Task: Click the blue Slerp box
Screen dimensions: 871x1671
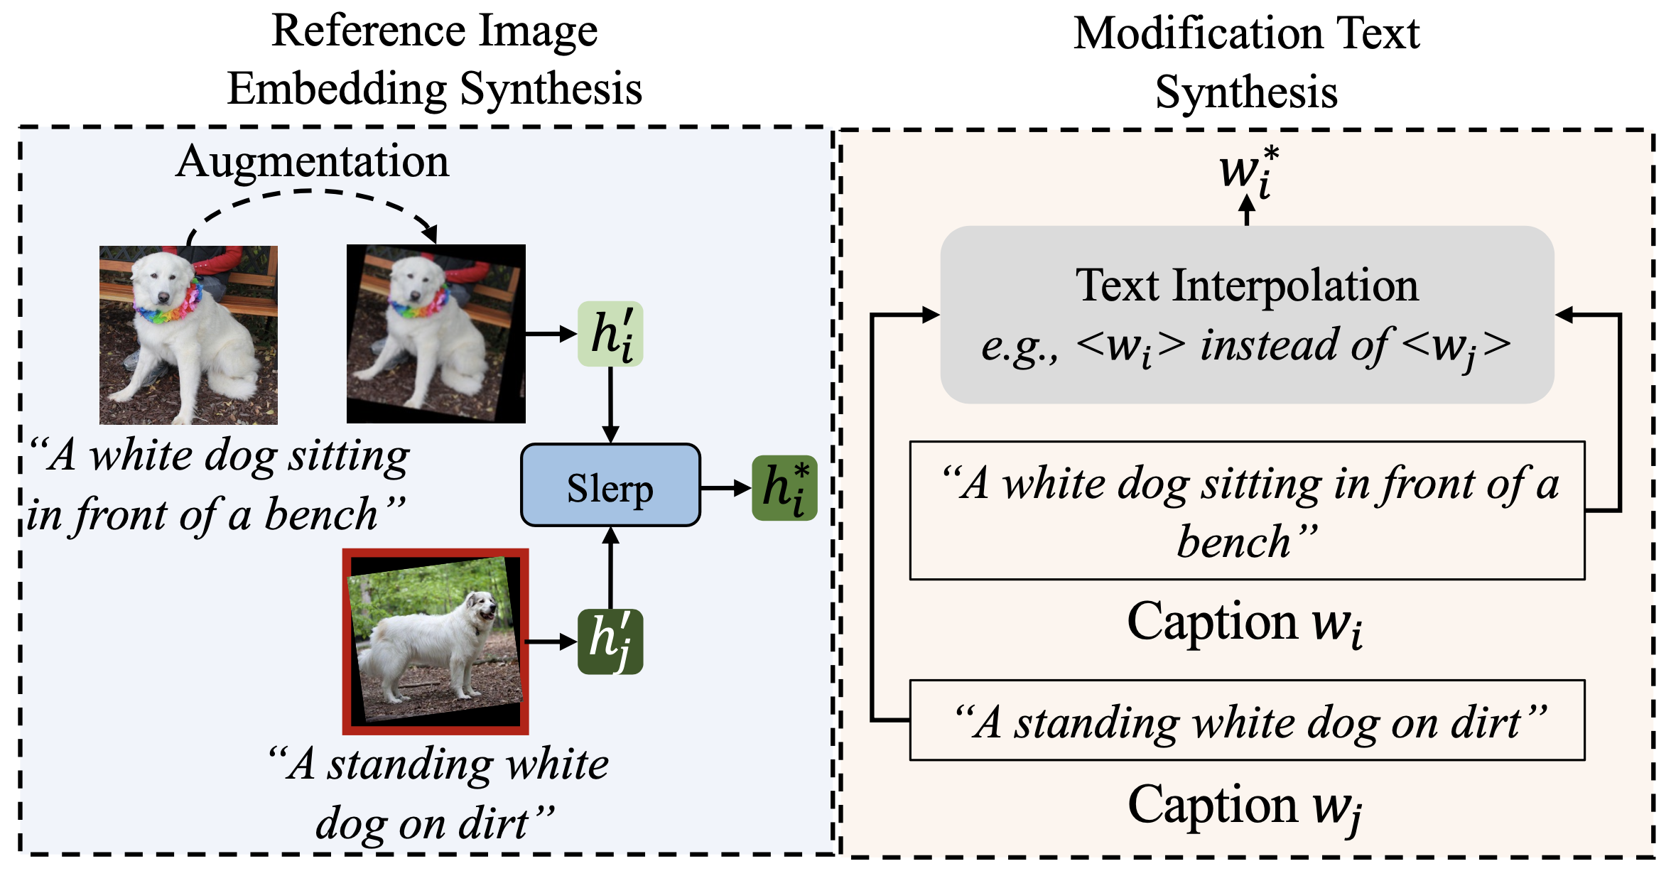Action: [x=610, y=485]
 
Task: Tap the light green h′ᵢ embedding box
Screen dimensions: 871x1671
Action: [x=610, y=334]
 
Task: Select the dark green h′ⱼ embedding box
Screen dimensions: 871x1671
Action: [x=610, y=642]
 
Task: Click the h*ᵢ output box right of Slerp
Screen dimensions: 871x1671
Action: [x=784, y=488]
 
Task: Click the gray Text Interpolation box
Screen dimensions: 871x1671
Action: [x=1247, y=314]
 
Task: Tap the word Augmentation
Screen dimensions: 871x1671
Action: [x=312, y=162]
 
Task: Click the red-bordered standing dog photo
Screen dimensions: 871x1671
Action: [x=436, y=642]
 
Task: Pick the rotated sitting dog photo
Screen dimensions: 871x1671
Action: [x=436, y=334]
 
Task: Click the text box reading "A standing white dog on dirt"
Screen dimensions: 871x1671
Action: [x=1247, y=720]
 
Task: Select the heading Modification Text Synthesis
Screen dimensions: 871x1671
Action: [x=1246, y=63]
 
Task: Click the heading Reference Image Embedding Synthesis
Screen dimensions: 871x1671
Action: [x=434, y=60]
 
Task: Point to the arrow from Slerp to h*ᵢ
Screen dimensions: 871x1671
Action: [x=725, y=488]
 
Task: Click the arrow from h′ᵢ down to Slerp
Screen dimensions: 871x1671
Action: [x=610, y=405]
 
